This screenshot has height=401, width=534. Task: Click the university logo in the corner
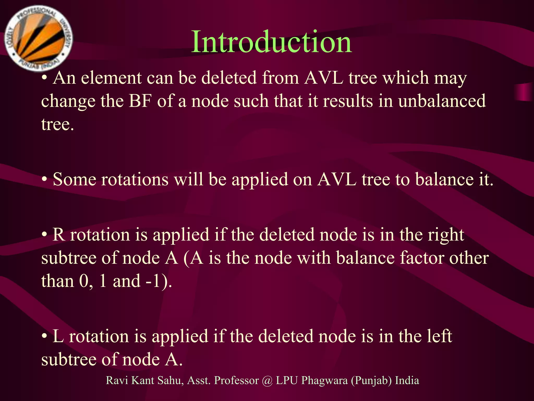(39, 38)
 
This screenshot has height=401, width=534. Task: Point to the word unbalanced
(442, 101)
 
